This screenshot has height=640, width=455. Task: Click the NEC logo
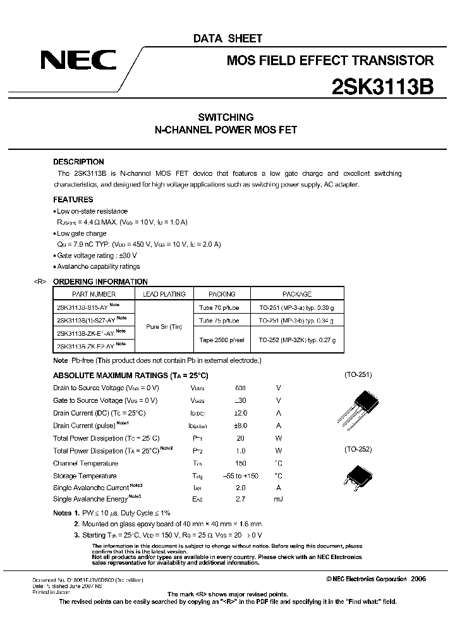pos(78,60)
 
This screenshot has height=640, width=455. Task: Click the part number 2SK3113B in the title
pos(382,87)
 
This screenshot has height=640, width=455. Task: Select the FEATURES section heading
pos(73,199)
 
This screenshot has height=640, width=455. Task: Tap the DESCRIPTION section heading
pos(78,162)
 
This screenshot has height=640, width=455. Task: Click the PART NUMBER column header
pos(94,294)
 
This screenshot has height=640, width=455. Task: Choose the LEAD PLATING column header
pos(164,294)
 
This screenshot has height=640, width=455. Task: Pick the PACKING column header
pos(222,294)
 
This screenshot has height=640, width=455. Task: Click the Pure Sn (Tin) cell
pos(164,326)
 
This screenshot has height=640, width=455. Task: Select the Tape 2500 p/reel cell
pos(222,340)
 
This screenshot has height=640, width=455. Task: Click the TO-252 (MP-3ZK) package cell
pos(297,340)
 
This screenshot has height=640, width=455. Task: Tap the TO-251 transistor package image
pos(359,406)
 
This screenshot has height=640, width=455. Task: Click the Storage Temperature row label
pos(85,476)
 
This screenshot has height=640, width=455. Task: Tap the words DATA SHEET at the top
pos(227,39)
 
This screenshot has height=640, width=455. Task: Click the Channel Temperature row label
pos(85,464)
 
